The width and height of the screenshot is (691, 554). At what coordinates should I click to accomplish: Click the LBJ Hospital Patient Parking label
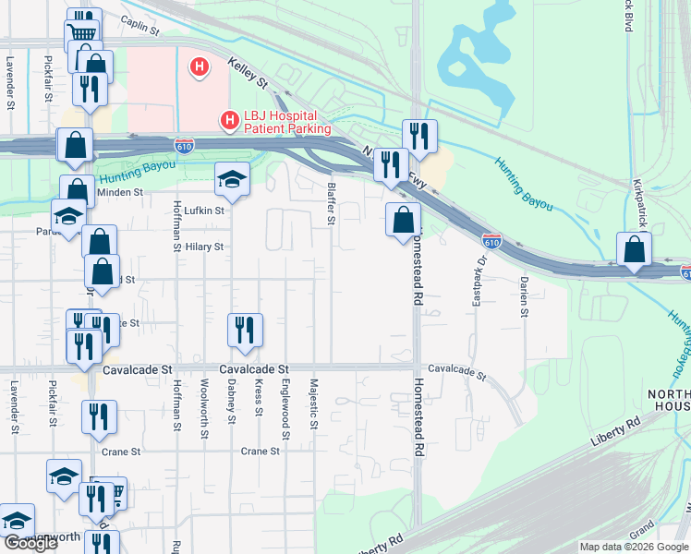click(287, 122)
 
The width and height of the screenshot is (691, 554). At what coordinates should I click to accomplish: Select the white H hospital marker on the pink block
click(198, 66)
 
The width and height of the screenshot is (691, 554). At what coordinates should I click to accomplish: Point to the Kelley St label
click(249, 72)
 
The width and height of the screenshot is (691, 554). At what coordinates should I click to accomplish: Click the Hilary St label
click(205, 247)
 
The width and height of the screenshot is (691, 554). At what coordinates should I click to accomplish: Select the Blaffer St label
click(330, 202)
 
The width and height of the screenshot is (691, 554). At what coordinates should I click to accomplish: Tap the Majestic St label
click(314, 403)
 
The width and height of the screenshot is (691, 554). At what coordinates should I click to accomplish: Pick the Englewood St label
click(285, 409)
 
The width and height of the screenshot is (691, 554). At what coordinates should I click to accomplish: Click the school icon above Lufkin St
click(232, 179)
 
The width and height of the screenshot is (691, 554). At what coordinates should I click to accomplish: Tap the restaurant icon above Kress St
click(245, 331)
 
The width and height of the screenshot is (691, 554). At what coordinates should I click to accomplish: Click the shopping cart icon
click(82, 33)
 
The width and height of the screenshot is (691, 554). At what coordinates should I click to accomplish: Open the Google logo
click(30, 543)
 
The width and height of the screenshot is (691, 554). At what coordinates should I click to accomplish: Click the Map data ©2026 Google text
click(634, 547)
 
